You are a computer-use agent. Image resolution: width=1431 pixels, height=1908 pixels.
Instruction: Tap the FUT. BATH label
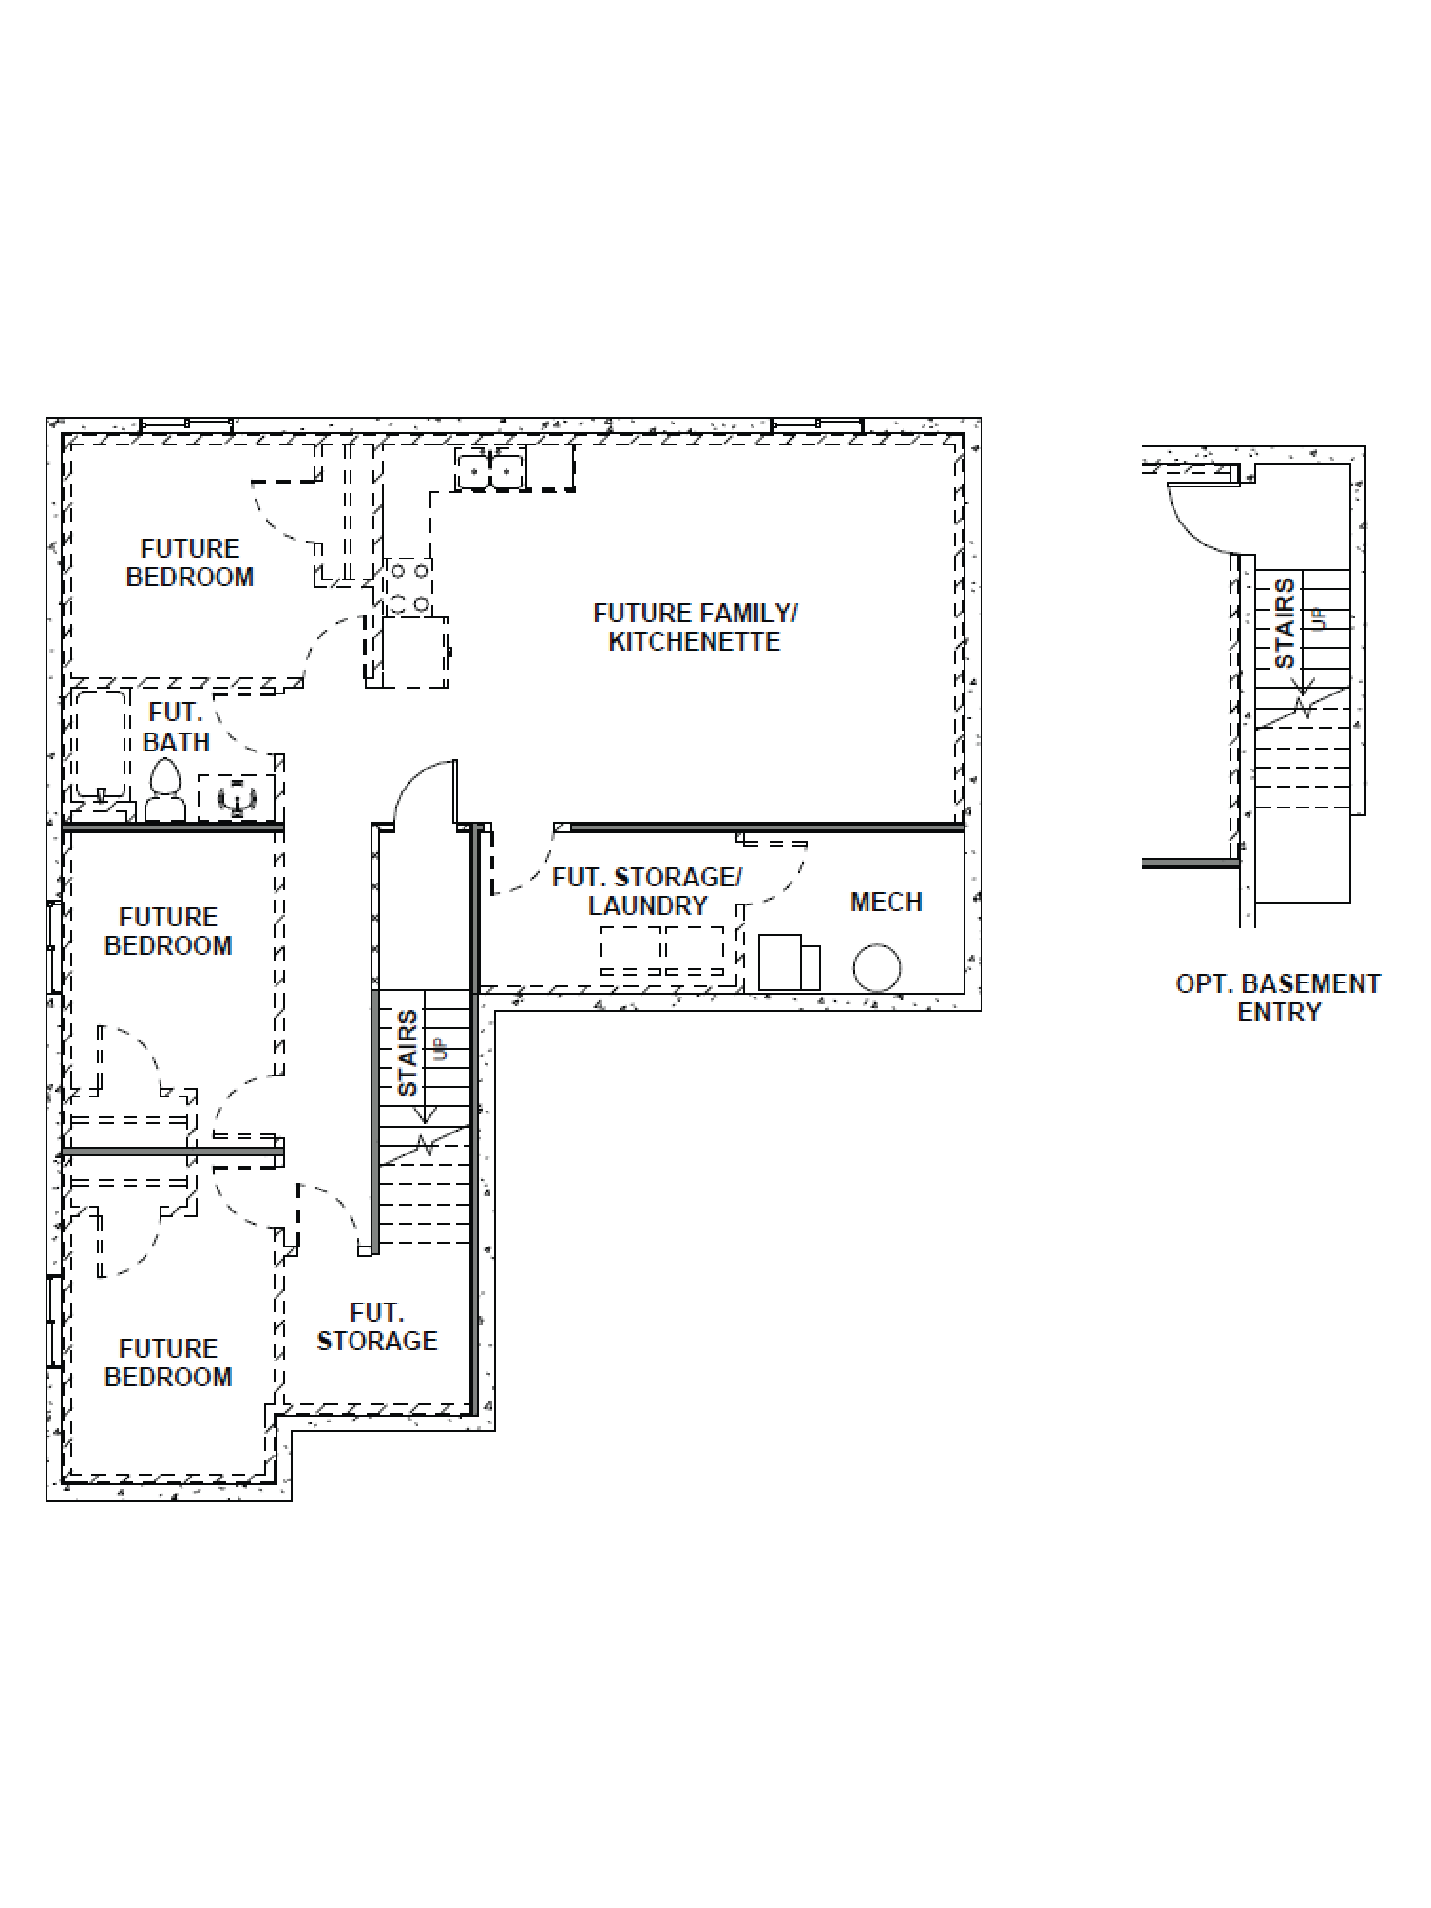point(176,727)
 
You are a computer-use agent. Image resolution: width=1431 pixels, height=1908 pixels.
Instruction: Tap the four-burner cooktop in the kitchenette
point(409,587)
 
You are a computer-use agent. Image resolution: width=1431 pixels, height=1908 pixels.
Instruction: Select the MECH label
point(886,902)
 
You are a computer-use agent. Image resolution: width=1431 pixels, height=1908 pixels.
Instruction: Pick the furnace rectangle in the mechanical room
point(781,962)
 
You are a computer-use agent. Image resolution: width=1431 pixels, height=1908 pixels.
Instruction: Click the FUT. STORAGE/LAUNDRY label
point(647,891)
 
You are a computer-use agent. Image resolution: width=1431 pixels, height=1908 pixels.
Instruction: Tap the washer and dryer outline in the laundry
point(661,951)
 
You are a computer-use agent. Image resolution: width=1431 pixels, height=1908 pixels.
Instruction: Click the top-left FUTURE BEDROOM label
point(190,562)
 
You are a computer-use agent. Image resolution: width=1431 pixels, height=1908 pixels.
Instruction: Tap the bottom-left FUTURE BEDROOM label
point(168,1362)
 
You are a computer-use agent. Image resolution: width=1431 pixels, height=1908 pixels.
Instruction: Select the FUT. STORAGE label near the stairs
point(377,1327)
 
